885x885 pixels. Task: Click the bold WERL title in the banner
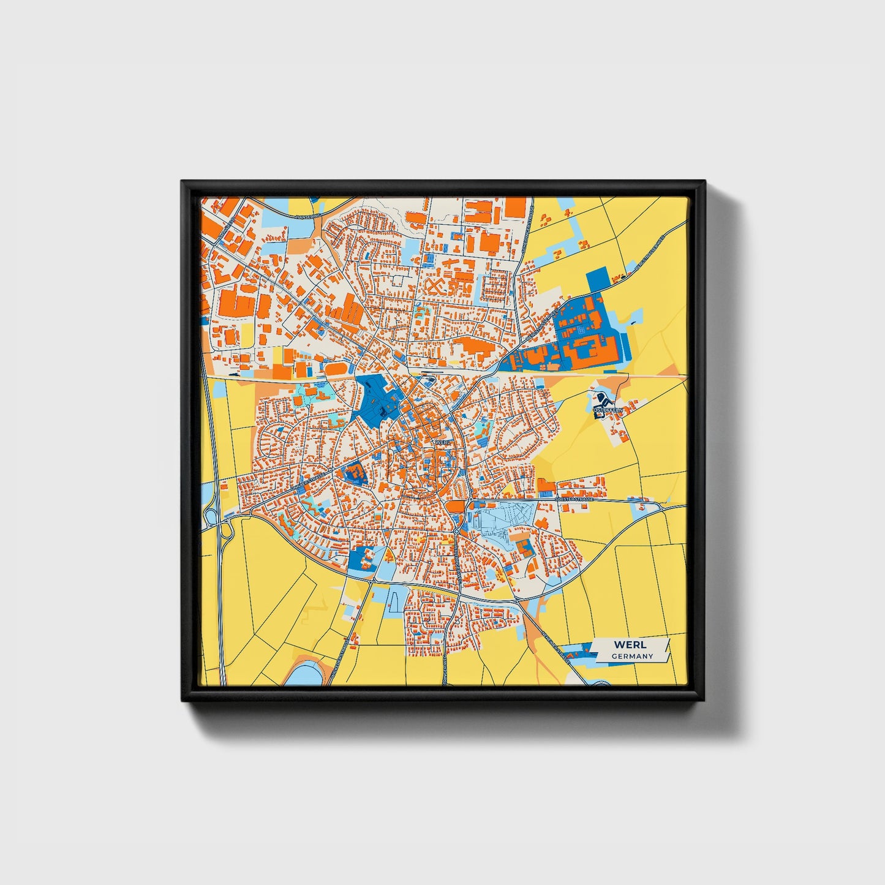[630, 645]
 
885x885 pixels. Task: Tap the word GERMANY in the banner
[632, 657]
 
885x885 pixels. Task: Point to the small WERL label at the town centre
[442, 441]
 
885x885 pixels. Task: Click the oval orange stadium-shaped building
[334, 369]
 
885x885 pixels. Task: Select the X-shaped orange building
[434, 287]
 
